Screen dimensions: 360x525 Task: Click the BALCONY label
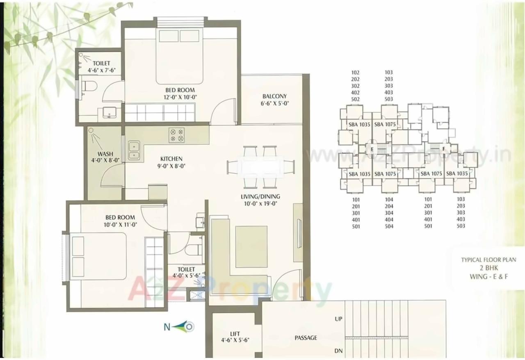274,96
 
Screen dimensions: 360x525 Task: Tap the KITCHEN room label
171,159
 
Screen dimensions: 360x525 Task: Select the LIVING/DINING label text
260,196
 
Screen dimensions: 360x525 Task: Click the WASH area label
105,154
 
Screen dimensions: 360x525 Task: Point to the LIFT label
235,334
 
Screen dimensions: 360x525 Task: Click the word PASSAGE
306,338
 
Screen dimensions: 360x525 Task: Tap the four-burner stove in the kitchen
177,135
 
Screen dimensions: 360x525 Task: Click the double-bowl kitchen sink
134,150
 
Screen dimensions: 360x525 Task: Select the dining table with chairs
261,167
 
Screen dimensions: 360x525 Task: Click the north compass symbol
179,327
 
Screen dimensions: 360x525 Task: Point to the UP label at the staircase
338,319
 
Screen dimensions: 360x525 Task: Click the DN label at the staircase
338,352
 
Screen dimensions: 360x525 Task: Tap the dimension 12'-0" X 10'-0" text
180,97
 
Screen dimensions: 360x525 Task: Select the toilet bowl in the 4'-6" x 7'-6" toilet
89,87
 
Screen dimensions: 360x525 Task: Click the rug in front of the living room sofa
251,246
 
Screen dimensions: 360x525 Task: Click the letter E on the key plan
372,150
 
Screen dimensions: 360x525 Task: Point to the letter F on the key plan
443,148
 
